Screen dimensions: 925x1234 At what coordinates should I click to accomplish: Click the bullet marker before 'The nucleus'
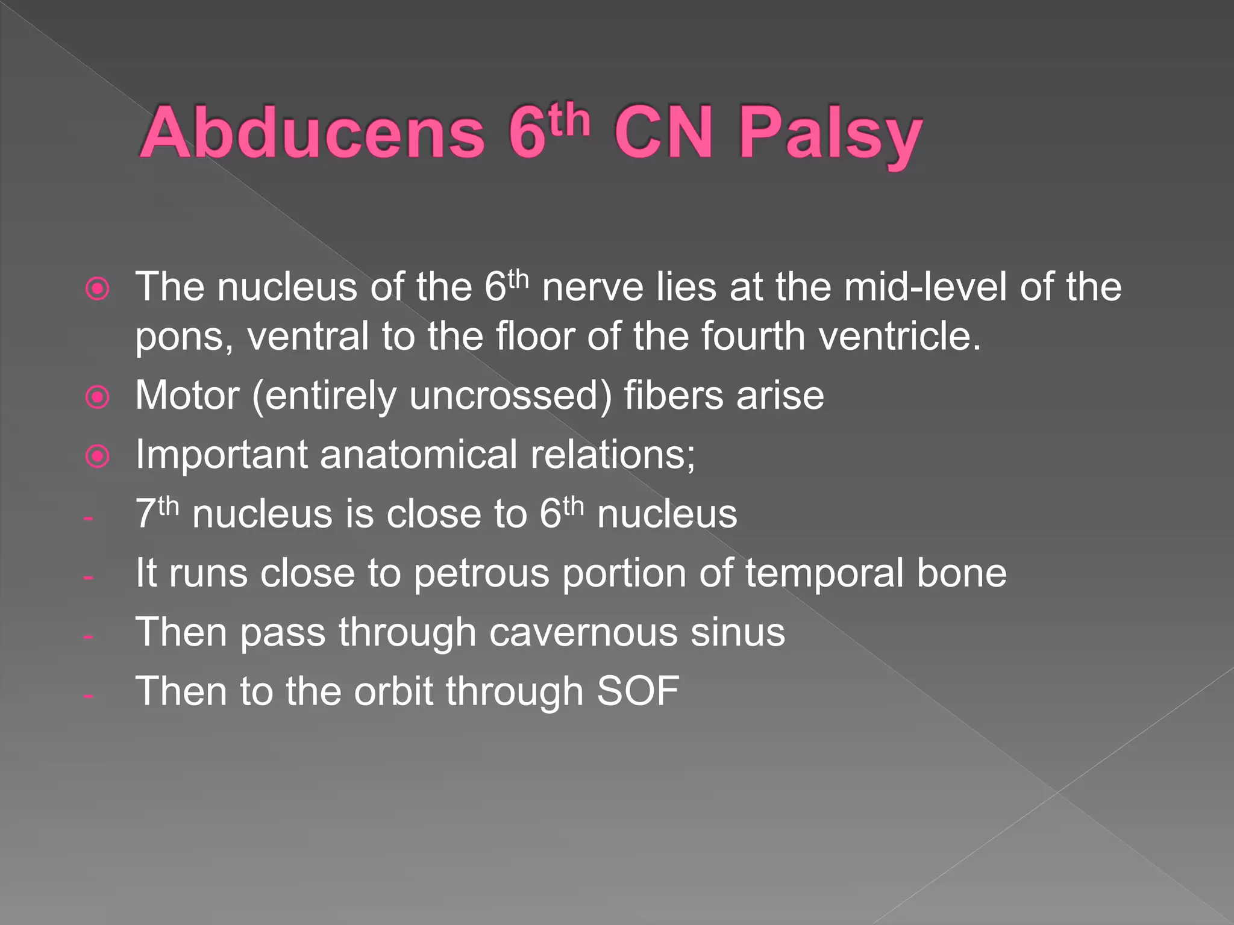pyautogui.click(x=98, y=289)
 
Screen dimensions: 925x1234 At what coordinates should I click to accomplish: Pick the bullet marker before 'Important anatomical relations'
pyautogui.click(x=98, y=456)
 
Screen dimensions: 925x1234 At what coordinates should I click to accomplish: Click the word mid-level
pyautogui.click(x=925, y=287)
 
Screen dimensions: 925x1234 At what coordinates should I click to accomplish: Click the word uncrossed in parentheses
pyautogui.click(x=510, y=396)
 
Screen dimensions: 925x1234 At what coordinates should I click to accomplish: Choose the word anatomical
pyautogui.click(x=418, y=455)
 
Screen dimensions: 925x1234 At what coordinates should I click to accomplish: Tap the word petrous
pyautogui.click(x=481, y=573)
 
